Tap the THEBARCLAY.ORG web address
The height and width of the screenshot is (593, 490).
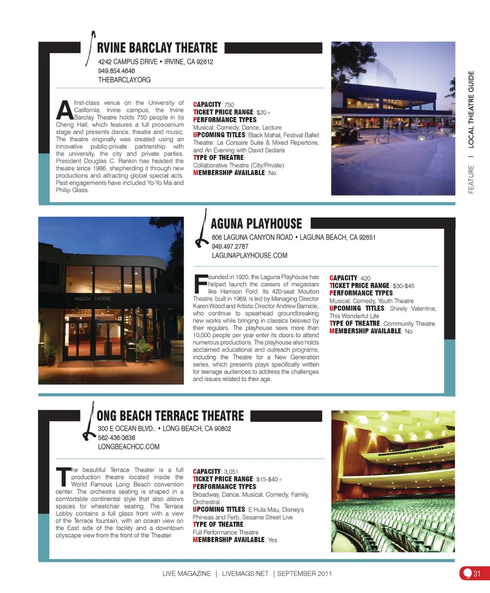click(124, 80)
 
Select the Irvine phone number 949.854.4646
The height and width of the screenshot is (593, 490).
click(116, 71)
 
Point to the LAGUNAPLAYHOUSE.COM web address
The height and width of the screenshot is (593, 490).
click(249, 255)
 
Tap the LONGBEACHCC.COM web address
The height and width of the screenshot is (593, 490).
click(129, 446)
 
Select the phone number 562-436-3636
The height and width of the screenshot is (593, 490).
click(116, 438)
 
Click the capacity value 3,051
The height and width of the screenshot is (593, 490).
click(232, 471)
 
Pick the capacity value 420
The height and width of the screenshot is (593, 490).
click(365, 278)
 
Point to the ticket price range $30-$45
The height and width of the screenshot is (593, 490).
click(403, 286)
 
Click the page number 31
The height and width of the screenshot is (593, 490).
click(477, 574)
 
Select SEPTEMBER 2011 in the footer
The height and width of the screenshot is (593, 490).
click(304, 574)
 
